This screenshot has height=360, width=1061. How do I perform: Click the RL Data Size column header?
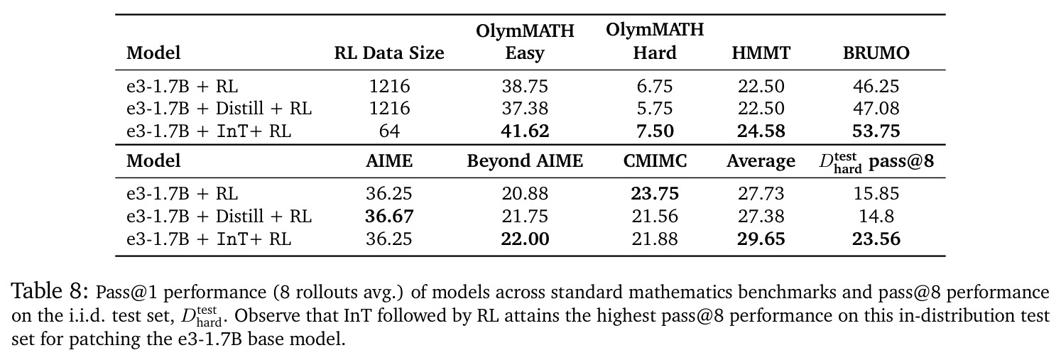tap(389, 53)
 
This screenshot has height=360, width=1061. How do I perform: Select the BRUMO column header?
tap(876, 53)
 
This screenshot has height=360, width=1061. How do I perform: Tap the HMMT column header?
tap(761, 53)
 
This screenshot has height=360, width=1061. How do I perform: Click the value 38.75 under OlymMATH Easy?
tap(525, 86)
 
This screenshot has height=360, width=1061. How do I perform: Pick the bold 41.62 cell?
tap(525, 131)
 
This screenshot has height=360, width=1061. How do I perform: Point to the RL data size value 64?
tap(389, 131)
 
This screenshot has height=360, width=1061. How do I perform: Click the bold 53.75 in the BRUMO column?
tap(876, 131)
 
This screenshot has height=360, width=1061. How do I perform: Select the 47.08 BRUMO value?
tap(876, 109)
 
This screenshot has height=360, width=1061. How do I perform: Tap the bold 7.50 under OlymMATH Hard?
tap(655, 131)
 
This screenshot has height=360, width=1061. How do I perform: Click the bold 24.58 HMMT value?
tap(761, 131)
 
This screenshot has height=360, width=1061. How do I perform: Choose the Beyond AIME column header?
tap(525, 161)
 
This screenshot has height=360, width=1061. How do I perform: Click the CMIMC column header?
tap(655, 161)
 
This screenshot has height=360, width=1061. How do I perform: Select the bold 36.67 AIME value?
tap(389, 217)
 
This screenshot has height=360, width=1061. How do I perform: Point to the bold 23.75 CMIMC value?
tap(655, 194)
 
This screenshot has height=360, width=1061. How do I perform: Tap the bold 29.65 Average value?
tap(761, 239)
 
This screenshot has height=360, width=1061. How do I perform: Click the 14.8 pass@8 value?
tap(876, 217)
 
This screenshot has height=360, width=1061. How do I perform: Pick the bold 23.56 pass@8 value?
tap(876, 239)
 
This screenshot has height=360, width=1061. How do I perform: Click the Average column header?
tap(761, 162)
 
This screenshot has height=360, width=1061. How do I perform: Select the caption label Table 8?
tap(50, 291)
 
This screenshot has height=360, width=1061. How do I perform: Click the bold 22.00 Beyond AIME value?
tap(525, 239)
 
